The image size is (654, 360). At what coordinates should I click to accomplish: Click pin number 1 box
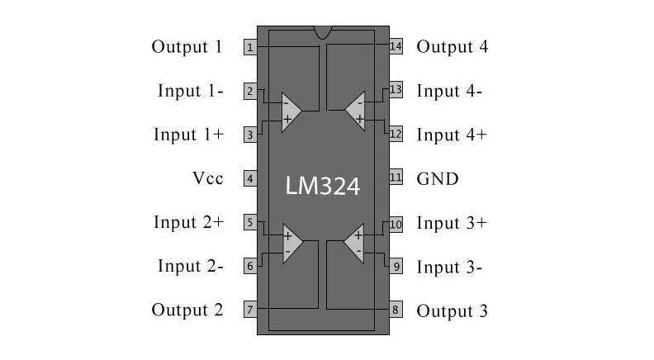(249, 47)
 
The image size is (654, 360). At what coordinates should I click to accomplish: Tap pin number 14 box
(396, 46)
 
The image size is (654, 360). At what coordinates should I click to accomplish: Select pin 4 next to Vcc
(249, 178)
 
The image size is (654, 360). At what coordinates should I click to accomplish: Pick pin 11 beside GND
(396, 178)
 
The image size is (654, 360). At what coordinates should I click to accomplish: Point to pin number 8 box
(396, 310)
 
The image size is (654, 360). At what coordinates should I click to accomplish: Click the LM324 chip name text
(323, 186)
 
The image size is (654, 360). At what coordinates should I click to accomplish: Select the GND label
(438, 178)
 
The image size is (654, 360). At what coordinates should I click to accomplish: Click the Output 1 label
(187, 47)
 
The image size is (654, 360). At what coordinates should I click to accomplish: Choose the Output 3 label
(452, 311)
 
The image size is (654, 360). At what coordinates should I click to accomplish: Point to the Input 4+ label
(451, 135)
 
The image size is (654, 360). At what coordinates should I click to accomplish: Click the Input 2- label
(191, 267)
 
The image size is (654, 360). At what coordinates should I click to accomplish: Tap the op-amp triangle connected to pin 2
(291, 111)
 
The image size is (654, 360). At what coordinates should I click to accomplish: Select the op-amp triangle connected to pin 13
(356, 111)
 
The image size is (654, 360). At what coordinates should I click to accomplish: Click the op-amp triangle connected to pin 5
(291, 244)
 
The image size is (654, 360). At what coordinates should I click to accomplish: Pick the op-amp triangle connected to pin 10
(356, 244)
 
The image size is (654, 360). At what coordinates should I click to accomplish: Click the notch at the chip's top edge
(323, 31)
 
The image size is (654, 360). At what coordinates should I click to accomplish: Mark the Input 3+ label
(451, 223)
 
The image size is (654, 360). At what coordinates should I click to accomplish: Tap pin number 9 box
(396, 266)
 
